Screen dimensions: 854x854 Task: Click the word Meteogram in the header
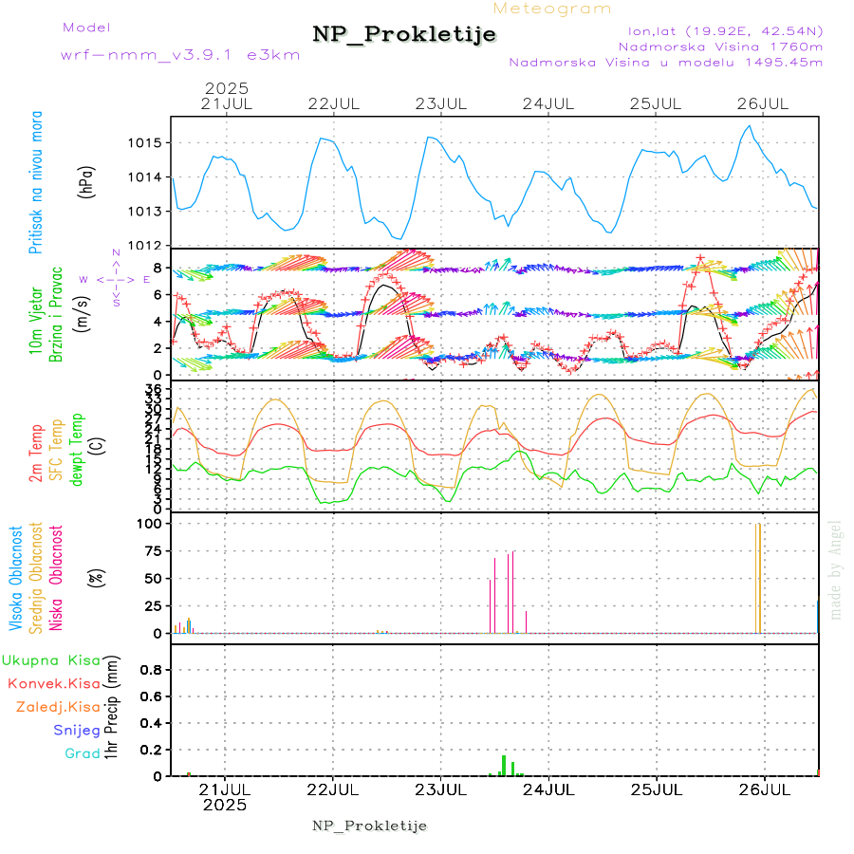pyautogui.click(x=552, y=9)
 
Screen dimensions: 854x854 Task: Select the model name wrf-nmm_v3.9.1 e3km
pyautogui.click(x=180, y=55)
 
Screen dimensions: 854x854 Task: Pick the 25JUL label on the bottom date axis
pyautogui.click(x=657, y=789)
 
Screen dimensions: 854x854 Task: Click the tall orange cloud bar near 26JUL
pyautogui.click(x=757, y=578)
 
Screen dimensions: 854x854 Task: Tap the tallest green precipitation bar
pyautogui.click(x=503, y=765)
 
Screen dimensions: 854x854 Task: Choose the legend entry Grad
pyautogui.click(x=83, y=753)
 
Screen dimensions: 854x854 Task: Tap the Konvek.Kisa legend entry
pyautogui.click(x=53, y=683)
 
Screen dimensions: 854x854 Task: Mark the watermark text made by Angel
pyautogui.click(x=836, y=568)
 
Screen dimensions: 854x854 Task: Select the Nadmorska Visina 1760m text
pyautogui.click(x=720, y=46)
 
